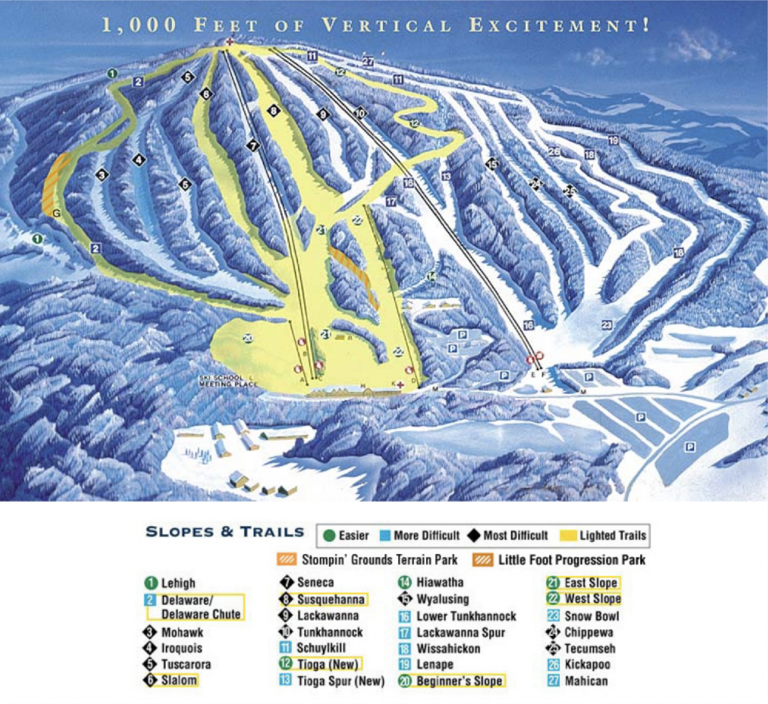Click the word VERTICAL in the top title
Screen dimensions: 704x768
pyautogui.click(x=386, y=25)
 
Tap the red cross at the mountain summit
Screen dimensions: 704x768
pyautogui.click(x=229, y=42)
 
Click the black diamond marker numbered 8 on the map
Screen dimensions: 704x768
pyautogui.click(x=274, y=111)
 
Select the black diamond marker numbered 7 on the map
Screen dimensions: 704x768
pyautogui.click(x=253, y=145)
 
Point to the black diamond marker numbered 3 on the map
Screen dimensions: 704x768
pyautogui.click(x=102, y=175)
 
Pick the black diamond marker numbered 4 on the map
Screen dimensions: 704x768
pyautogui.click(x=139, y=160)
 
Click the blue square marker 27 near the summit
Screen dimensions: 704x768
pyautogui.click(x=368, y=61)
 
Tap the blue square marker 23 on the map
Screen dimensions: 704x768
pyautogui.click(x=607, y=325)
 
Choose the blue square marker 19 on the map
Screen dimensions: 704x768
pyautogui.click(x=613, y=140)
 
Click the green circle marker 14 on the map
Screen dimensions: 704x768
pyautogui.click(x=432, y=276)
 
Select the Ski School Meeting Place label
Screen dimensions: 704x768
pyautogui.click(x=228, y=381)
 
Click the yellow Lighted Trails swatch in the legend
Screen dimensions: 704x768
pyautogui.click(x=569, y=535)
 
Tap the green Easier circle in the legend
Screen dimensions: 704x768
pyautogui.click(x=329, y=535)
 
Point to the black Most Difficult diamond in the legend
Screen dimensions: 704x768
pyautogui.click(x=474, y=535)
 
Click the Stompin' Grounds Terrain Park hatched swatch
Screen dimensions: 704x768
pyautogui.click(x=287, y=559)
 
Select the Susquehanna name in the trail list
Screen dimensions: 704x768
pyautogui.click(x=331, y=599)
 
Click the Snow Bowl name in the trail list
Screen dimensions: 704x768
pyautogui.click(x=591, y=616)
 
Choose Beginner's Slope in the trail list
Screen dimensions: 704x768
pyautogui.click(x=459, y=681)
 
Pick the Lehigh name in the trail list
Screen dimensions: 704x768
pyautogui.click(x=178, y=583)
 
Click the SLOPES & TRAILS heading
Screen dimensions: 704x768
pyautogui.click(x=225, y=532)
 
